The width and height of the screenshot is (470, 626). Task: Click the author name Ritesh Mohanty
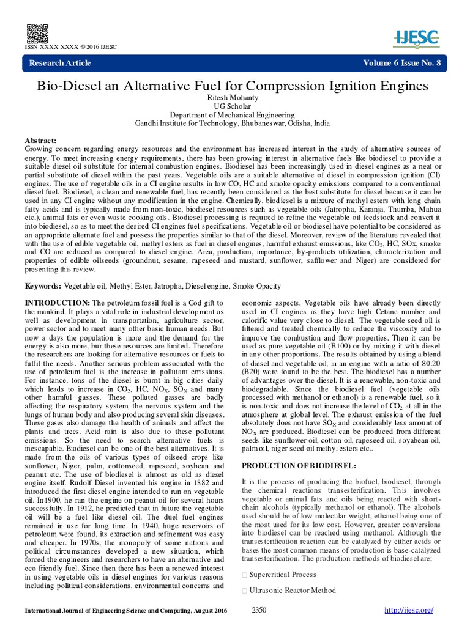point(235,98)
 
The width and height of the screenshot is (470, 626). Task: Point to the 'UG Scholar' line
point(235,106)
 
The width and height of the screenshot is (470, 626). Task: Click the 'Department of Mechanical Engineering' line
point(235,115)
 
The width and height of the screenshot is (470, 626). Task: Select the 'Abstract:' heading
point(40,141)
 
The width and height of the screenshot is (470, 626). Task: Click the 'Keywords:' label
point(42,286)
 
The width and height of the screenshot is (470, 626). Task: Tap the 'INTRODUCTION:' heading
point(56,303)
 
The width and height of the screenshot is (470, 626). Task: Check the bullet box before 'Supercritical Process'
point(245,575)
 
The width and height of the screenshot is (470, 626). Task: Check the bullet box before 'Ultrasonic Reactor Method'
point(245,591)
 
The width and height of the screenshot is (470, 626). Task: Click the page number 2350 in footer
point(259,610)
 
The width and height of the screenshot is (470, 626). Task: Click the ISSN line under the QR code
point(70,47)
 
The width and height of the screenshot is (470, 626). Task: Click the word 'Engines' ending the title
point(405,86)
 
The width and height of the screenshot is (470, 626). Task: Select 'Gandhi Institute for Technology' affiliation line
point(235,123)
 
